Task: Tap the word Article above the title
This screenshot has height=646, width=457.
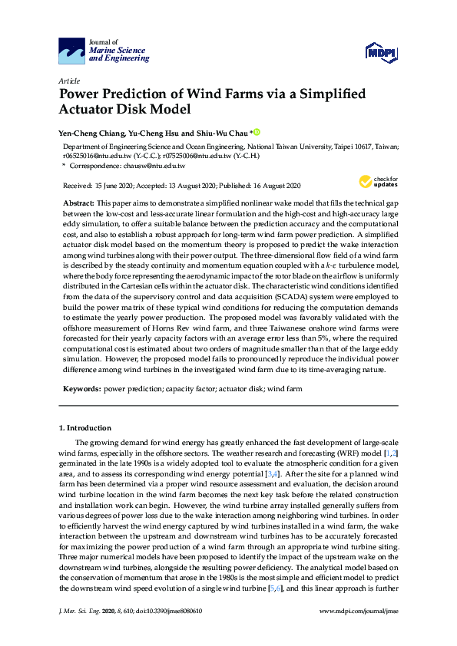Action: click(x=68, y=80)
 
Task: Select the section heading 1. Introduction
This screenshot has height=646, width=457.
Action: click(x=85, y=428)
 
